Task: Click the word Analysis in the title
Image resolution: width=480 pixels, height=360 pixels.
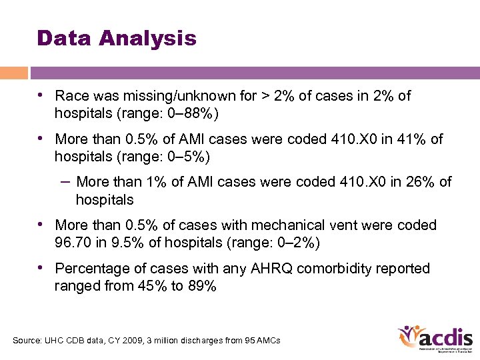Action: click(x=147, y=38)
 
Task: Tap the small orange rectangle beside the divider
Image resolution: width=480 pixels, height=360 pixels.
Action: click(x=13, y=73)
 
